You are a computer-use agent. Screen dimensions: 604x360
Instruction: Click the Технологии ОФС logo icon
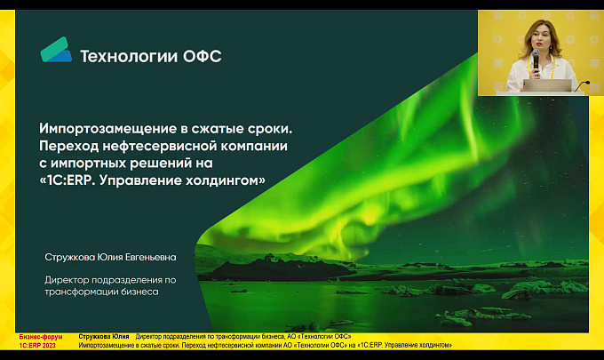[x=56, y=50]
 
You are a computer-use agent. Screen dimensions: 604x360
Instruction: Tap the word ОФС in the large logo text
[x=203, y=56]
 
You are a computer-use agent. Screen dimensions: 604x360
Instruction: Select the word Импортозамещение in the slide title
[x=107, y=129]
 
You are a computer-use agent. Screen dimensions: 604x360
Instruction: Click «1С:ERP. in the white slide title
[x=68, y=180]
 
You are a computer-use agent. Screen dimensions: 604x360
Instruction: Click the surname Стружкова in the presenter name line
[x=69, y=258]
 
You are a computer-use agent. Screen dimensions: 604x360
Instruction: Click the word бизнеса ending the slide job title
[x=139, y=292]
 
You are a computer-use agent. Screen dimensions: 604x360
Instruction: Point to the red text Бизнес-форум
[x=41, y=337]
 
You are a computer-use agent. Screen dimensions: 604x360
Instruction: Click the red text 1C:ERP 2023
[x=37, y=346]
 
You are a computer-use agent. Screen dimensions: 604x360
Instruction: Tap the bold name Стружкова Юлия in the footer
[x=104, y=337]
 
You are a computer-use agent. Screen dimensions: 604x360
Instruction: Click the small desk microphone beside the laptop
[x=582, y=85]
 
